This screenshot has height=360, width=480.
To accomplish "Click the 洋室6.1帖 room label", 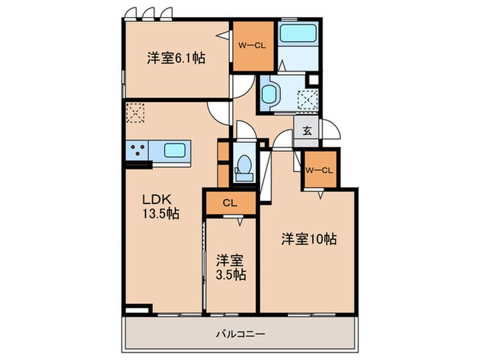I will (x=176, y=58).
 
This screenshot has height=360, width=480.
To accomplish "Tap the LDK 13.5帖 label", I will (x=160, y=206).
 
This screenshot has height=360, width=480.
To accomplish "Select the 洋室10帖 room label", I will (x=308, y=240).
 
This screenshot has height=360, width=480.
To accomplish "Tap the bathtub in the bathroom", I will (x=298, y=34).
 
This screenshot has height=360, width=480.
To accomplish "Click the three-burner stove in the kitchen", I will (x=136, y=150).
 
